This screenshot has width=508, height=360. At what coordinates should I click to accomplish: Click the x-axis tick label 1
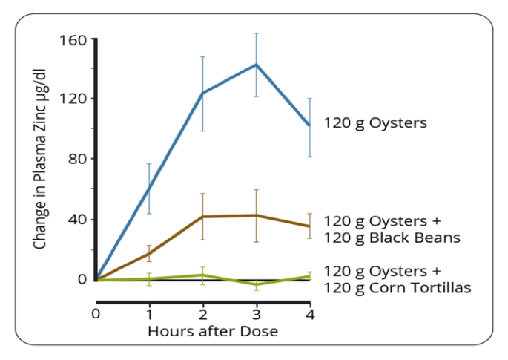149,314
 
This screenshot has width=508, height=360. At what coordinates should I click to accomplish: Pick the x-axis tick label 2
203,314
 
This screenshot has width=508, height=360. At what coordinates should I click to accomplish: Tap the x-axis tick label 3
257,314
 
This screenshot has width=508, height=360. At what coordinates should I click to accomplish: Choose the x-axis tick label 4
310,314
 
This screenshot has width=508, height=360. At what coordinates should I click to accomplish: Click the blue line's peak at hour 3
257,65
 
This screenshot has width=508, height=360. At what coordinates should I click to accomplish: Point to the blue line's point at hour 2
203,93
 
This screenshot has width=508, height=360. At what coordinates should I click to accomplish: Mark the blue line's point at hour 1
149,189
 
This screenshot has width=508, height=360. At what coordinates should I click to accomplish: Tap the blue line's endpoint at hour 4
310,125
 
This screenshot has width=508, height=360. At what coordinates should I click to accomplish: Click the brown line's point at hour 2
203,216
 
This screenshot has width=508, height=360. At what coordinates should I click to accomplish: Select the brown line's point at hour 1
149,253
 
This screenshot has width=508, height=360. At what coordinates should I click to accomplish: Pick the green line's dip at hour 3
257,284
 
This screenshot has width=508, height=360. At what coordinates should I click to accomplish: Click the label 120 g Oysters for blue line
375,123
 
